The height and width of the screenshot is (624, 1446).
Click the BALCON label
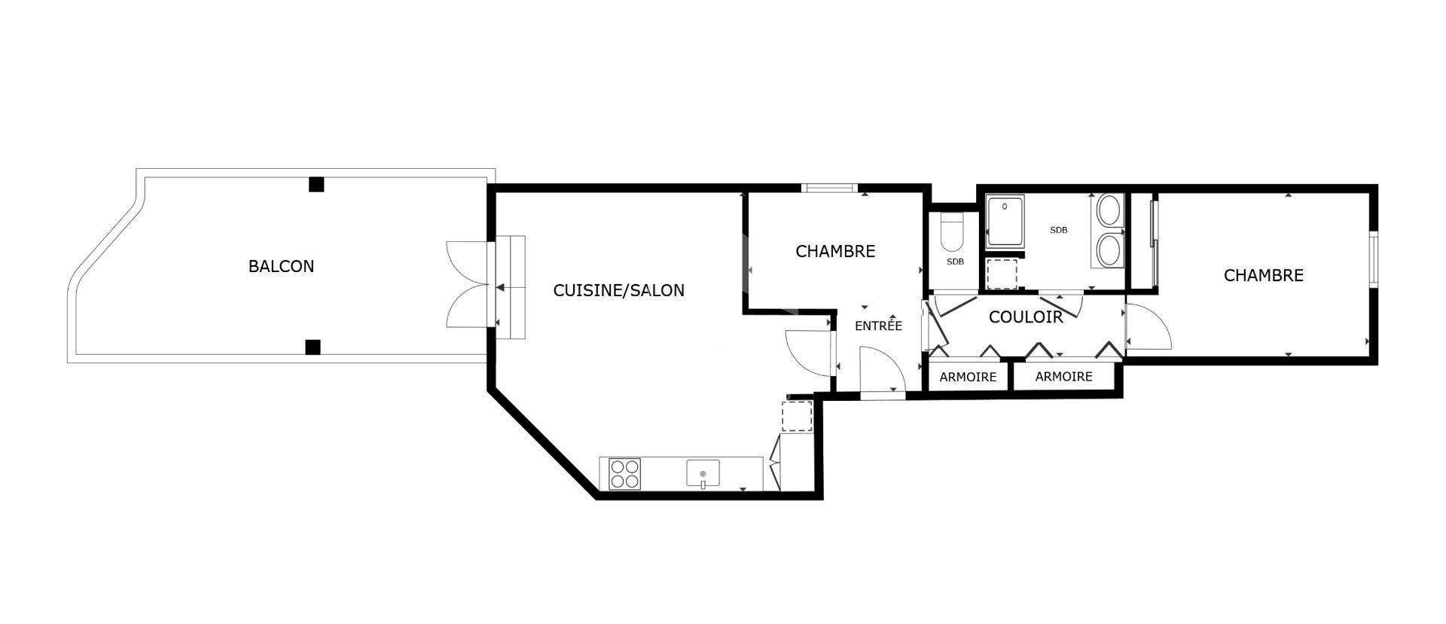[x=281, y=266]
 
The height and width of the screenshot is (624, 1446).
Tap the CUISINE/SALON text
[x=619, y=290]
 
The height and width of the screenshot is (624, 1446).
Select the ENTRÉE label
[x=878, y=326]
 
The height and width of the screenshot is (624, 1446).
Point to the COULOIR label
[x=1026, y=317]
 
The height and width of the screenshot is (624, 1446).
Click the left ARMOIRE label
[x=968, y=377]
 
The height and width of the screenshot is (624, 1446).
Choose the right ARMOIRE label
[x=1063, y=377]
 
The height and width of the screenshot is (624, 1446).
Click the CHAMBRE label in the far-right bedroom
[x=1263, y=276]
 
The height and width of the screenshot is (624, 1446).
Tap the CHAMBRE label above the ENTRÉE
[x=835, y=251]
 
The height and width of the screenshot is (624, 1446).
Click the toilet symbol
[x=953, y=234]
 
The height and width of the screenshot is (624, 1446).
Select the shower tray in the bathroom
[x=1005, y=222]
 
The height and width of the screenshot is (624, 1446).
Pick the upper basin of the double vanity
[x=1109, y=210]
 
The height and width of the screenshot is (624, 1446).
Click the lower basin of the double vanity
[x=1109, y=250]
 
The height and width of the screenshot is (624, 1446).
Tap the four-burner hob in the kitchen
[x=624, y=474]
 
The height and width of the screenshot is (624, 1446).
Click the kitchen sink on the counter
[x=703, y=474]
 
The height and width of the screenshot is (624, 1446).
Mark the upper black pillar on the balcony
[x=316, y=184]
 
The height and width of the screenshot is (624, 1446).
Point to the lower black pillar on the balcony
[x=313, y=347]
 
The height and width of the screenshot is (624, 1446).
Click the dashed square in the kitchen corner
[x=797, y=416]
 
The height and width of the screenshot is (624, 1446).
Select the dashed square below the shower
[x=1001, y=274]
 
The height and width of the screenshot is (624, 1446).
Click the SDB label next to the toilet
[x=955, y=262]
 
